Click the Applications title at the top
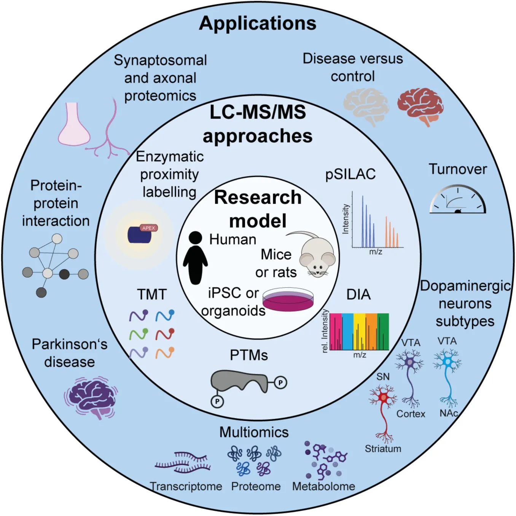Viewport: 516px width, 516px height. tap(258, 23)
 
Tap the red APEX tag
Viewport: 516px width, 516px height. tap(148, 228)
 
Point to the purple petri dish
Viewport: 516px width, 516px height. tap(288, 299)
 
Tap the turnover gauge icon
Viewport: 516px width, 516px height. tap(458, 199)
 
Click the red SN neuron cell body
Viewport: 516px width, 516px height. tap(383, 398)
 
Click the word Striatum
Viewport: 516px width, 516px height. tap(383, 449)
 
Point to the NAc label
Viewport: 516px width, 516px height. tap(448, 413)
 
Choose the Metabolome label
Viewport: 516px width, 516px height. tap(323, 486)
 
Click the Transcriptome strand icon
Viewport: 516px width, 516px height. tap(183, 462)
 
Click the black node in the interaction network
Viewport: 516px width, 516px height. tap(64, 274)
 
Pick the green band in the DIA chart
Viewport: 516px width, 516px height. tap(383, 331)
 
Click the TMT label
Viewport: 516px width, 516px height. tap(152, 294)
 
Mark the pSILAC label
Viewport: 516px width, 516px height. tap(350, 174)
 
